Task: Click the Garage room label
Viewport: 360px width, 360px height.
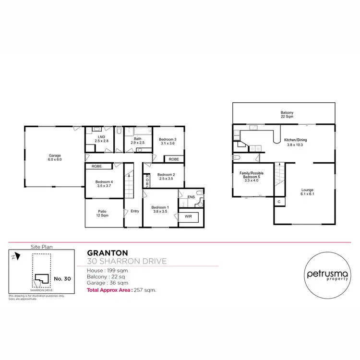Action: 55,157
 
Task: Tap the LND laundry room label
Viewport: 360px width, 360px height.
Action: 101,140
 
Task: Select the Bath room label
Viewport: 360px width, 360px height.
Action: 138,141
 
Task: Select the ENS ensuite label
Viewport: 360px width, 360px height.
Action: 191,196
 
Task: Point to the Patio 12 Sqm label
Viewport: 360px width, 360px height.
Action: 102,213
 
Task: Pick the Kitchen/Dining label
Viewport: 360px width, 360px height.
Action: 296,142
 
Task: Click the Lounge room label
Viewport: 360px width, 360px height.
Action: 307,192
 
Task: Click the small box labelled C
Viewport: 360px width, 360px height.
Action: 278,203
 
